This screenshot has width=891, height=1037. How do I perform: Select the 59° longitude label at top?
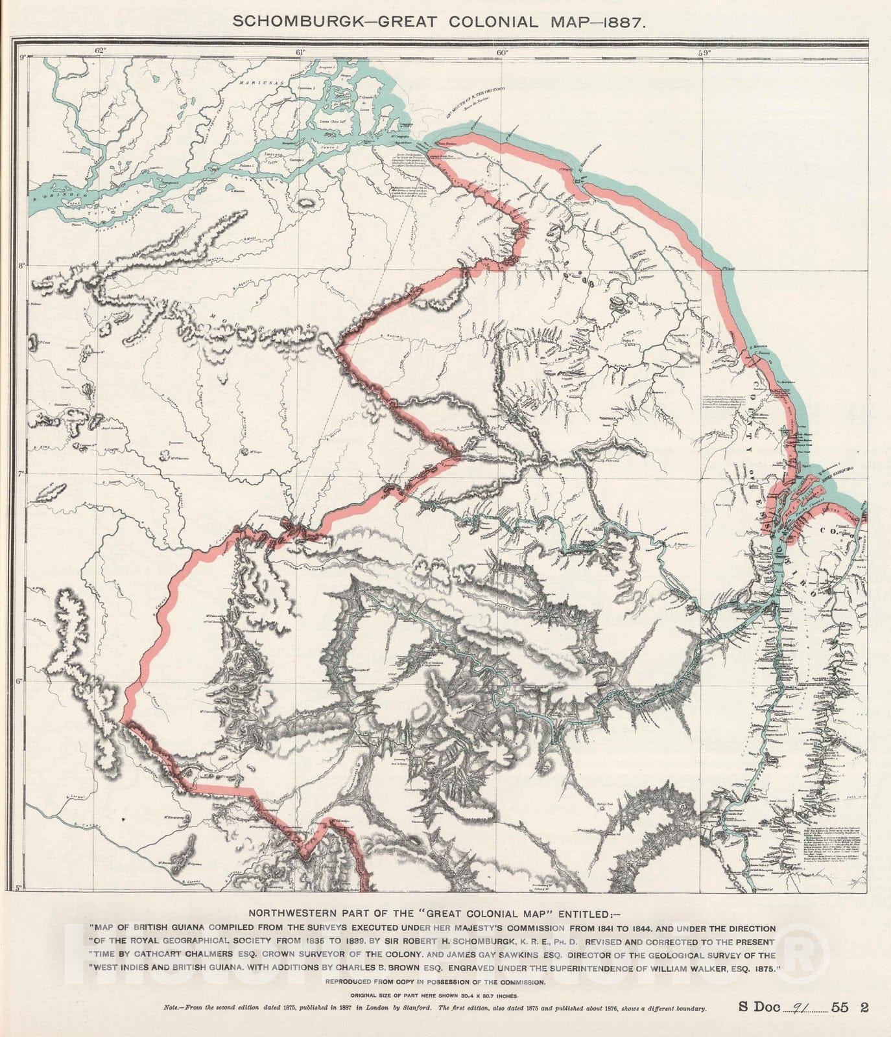coord(704,52)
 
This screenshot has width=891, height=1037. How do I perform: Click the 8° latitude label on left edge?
coord(22,265)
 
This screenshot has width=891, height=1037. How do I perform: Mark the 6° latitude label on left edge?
coord(22,681)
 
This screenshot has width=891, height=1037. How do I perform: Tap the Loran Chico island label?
coord(332,121)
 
